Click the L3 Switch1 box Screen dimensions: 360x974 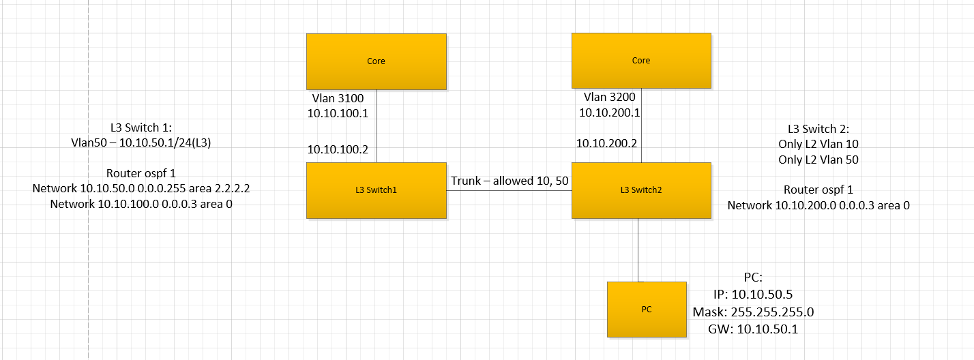376,190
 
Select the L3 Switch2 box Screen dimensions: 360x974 641,190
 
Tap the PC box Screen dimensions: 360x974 647,309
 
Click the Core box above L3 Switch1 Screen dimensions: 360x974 376,61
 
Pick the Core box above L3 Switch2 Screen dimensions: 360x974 641,61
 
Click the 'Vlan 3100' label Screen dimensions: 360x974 338,99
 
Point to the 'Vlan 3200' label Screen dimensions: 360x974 609,97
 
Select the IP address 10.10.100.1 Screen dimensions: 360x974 338,113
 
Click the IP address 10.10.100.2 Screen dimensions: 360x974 338,149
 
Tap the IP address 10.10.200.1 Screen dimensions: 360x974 609,112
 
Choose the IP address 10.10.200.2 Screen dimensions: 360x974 606,143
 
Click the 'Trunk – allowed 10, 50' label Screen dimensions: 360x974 509,181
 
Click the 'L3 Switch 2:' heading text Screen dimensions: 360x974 818,128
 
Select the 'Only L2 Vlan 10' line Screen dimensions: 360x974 818,144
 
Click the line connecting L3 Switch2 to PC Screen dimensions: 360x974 638,250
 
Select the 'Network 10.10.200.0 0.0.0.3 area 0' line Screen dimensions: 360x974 818,205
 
